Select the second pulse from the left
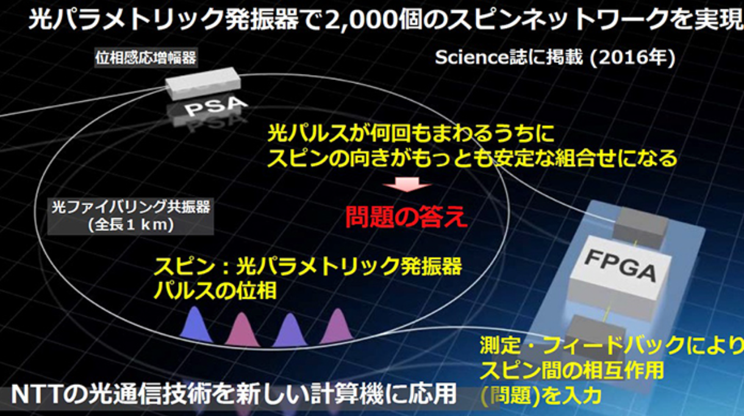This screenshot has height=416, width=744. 242,328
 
